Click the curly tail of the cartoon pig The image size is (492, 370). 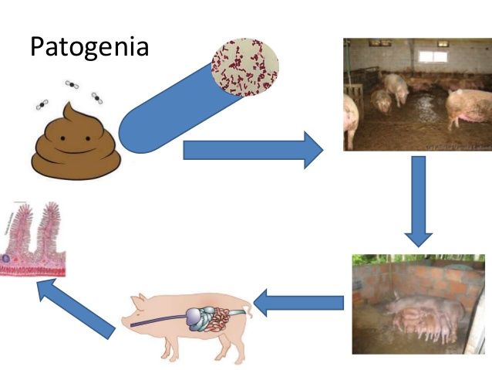247,311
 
